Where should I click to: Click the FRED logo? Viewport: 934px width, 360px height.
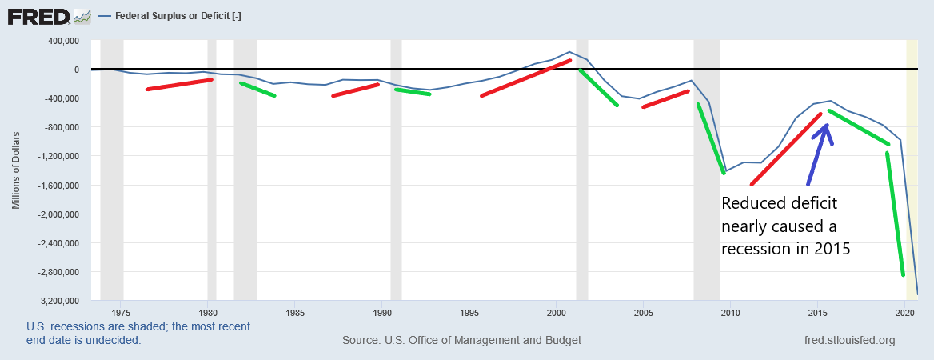click(x=49, y=16)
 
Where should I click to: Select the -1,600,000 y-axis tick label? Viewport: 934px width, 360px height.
click(x=59, y=186)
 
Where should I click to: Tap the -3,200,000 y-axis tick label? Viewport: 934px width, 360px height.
click(x=59, y=301)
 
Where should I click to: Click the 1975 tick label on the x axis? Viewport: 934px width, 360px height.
click(x=121, y=312)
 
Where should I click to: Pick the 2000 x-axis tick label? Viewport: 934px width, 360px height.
click(x=556, y=312)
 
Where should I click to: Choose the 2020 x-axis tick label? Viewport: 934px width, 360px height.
click(x=905, y=312)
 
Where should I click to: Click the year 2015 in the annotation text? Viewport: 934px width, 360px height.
click(x=832, y=249)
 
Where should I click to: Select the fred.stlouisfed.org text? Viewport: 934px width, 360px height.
click(x=849, y=340)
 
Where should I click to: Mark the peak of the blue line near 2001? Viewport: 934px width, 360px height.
click(x=569, y=52)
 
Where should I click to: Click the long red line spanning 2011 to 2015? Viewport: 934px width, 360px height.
click(x=786, y=149)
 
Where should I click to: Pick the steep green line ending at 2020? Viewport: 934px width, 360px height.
click(x=896, y=214)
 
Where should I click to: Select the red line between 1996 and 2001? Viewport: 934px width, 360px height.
click(x=526, y=78)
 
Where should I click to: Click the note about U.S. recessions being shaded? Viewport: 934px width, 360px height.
click(x=138, y=334)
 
